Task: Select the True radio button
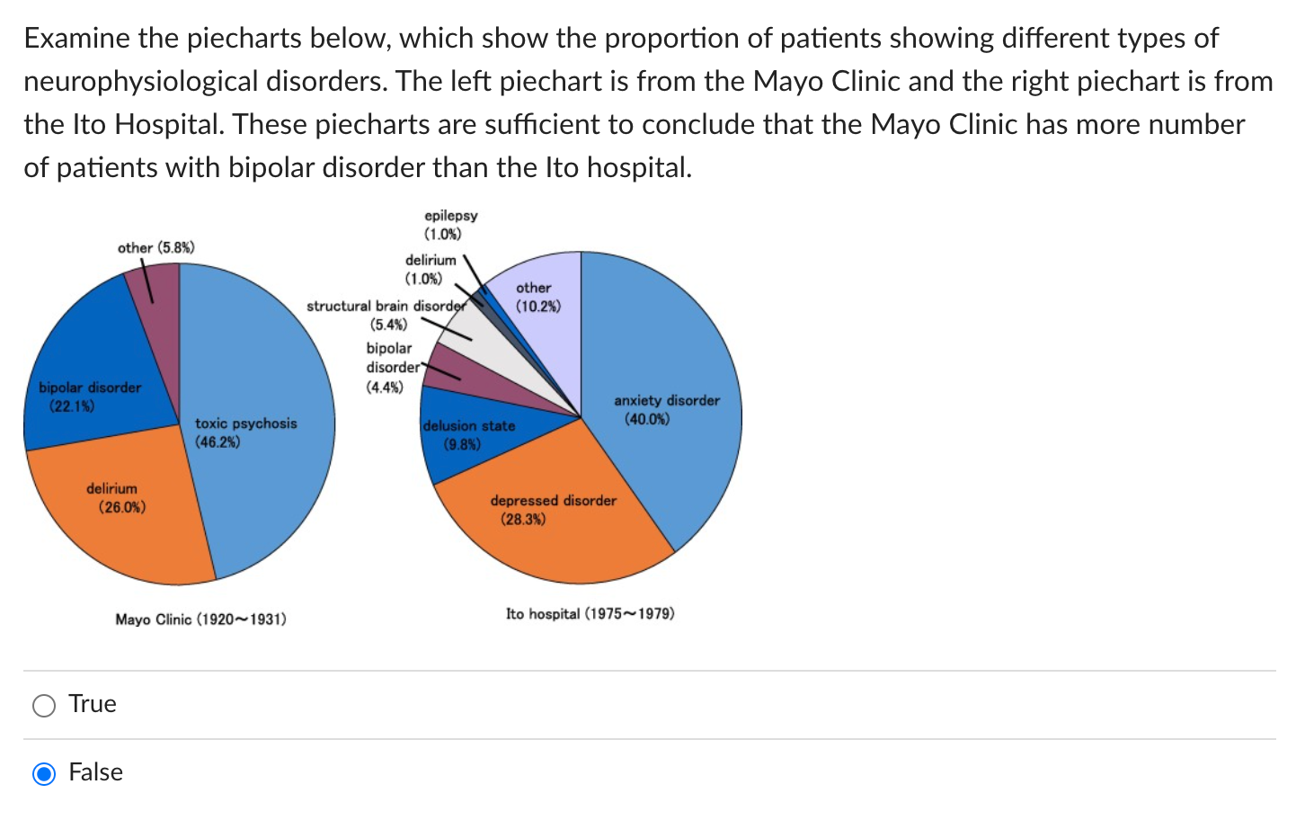pyautogui.click(x=44, y=705)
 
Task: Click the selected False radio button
pyautogui.click(x=44, y=773)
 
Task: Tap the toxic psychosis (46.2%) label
pyautogui.click(x=245, y=432)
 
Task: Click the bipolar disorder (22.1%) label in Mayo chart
pyautogui.click(x=90, y=397)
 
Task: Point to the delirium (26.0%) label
pyautogui.click(x=113, y=498)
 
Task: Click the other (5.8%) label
pyautogui.click(x=155, y=247)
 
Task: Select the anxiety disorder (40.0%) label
pyautogui.click(x=666, y=410)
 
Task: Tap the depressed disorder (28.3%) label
pyautogui.click(x=553, y=510)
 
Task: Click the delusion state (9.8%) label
pyautogui.click(x=468, y=435)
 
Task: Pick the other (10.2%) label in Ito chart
pyautogui.click(x=537, y=297)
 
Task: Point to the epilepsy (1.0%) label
pyautogui.click(x=450, y=225)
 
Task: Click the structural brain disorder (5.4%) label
pyautogui.click(x=386, y=315)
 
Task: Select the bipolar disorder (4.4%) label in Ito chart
pyautogui.click(x=389, y=368)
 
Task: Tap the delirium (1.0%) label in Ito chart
pyautogui.click(x=430, y=269)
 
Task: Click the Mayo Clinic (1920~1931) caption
pyautogui.click(x=200, y=619)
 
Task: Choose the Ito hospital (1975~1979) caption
pyautogui.click(x=590, y=614)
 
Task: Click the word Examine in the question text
pyautogui.click(x=76, y=38)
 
